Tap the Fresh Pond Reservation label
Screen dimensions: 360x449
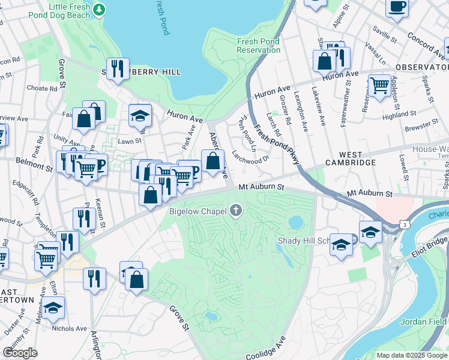click(x=259, y=46)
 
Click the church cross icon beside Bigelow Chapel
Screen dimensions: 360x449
click(x=237, y=211)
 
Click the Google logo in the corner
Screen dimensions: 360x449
click(x=20, y=352)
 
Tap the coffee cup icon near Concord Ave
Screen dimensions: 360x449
click(x=397, y=7)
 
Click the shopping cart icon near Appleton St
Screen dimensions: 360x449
click(x=379, y=85)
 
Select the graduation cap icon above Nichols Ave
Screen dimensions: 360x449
click(x=53, y=308)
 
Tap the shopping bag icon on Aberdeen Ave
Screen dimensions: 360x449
click(x=212, y=161)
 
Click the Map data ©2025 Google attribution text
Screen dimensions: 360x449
click(x=411, y=355)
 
